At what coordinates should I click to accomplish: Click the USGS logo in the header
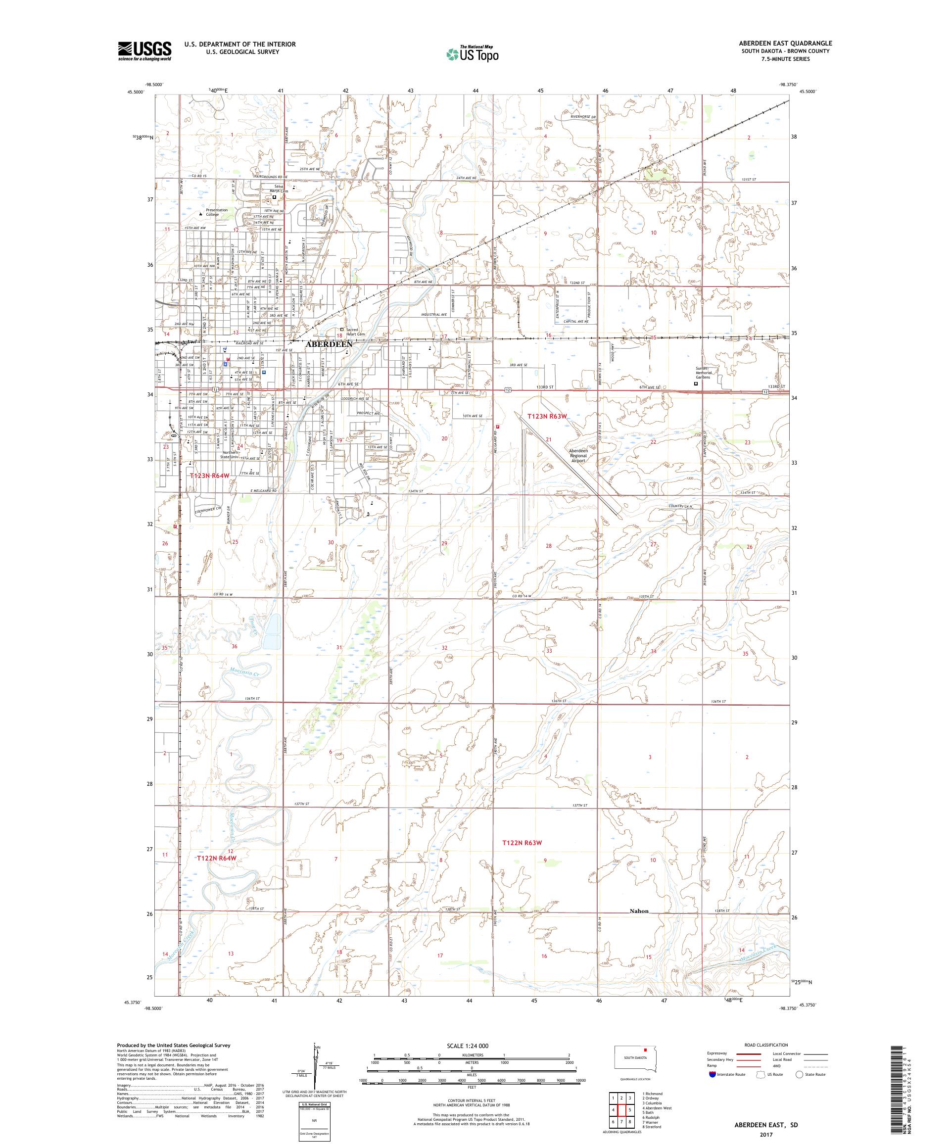tap(145, 51)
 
